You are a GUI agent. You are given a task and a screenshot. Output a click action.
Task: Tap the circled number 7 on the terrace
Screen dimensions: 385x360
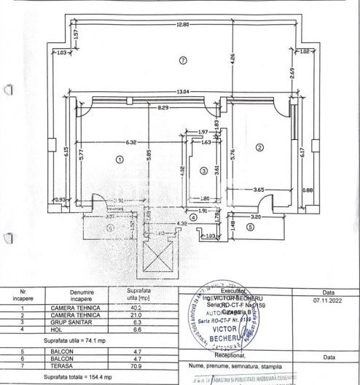click(x=183, y=59)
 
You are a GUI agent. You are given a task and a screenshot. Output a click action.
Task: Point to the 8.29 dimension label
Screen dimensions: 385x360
click(x=166, y=107)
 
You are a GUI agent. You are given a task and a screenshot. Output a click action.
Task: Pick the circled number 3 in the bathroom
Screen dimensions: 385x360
click(x=203, y=170)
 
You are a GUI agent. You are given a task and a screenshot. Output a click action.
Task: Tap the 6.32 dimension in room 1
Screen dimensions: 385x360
click(x=131, y=142)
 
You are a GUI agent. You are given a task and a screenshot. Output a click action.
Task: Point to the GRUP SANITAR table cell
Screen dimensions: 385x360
click(x=81, y=322)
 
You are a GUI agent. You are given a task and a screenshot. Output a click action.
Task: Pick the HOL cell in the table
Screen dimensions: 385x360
click(x=81, y=328)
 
